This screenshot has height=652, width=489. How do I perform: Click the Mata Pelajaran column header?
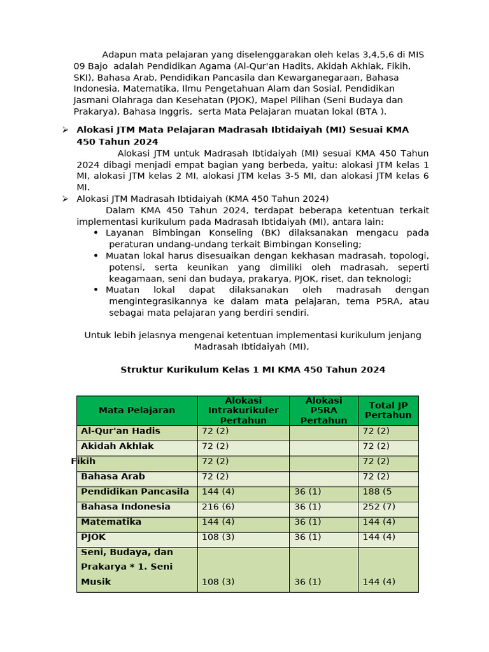click(x=136, y=411)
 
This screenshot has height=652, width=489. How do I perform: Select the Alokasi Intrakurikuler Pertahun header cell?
click(x=243, y=411)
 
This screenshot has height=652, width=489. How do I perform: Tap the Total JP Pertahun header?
click(x=388, y=411)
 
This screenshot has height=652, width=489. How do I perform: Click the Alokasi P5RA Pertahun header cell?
click(x=323, y=411)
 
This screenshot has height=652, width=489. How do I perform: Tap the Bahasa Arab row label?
click(x=113, y=476)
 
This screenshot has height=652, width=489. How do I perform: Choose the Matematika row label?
click(x=111, y=522)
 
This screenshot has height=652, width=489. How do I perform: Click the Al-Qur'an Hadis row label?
click(x=120, y=431)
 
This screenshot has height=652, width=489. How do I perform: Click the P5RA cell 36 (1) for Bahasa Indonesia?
click(x=308, y=507)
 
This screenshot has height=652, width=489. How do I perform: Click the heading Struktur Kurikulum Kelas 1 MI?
click(x=253, y=370)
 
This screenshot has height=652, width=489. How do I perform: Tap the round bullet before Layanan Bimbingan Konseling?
click(x=96, y=233)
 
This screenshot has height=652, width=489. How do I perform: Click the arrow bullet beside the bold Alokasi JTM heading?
click(x=65, y=130)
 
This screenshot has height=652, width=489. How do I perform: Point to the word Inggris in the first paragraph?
click(x=174, y=112)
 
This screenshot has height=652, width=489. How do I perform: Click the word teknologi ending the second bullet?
click(x=388, y=279)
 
